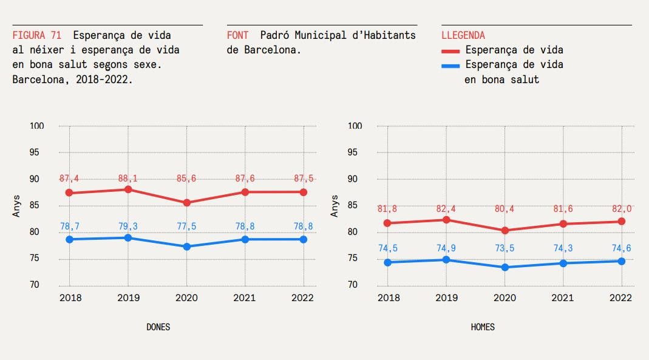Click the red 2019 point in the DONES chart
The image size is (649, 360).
(128, 189)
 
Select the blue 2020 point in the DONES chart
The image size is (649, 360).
(186, 246)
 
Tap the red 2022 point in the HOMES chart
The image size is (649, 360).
(621, 222)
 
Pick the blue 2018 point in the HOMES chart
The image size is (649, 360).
(388, 262)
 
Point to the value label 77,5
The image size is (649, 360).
(186, 226)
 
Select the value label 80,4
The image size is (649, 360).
(505, 209)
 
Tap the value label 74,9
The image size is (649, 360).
(446, 248)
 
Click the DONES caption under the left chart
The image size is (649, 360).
(158, 327)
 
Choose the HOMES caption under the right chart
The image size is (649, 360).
(483, 327)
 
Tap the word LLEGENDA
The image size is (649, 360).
(463, 36)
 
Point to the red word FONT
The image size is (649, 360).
(237, 36)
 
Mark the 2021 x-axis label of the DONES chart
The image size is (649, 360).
(245, 298)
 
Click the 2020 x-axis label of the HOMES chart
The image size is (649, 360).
(505, 298)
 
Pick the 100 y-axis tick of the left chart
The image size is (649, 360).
(38, 126)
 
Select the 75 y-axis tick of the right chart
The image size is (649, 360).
(356, 259)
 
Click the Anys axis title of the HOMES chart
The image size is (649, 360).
(335, 205)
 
